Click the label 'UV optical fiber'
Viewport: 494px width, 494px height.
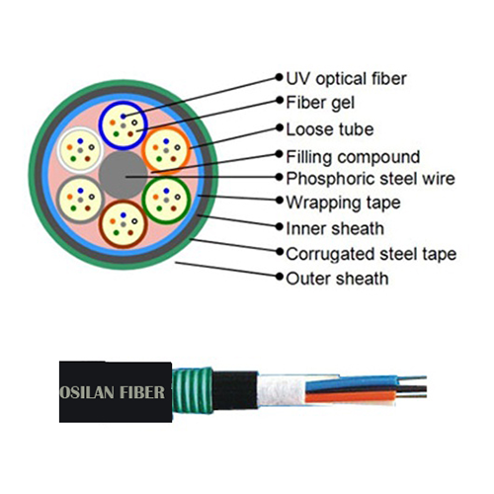(x=345, y=77)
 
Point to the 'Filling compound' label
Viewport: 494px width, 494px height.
(x=352, y=155)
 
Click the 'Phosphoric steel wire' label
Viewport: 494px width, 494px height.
(x=370, y=180)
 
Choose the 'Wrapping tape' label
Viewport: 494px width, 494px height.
(x=342, y=204)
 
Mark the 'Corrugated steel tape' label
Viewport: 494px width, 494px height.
(x=370, y=254)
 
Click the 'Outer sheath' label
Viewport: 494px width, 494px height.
(x=336, y=279)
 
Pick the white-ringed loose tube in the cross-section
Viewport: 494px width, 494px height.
(x=78, y=152)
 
